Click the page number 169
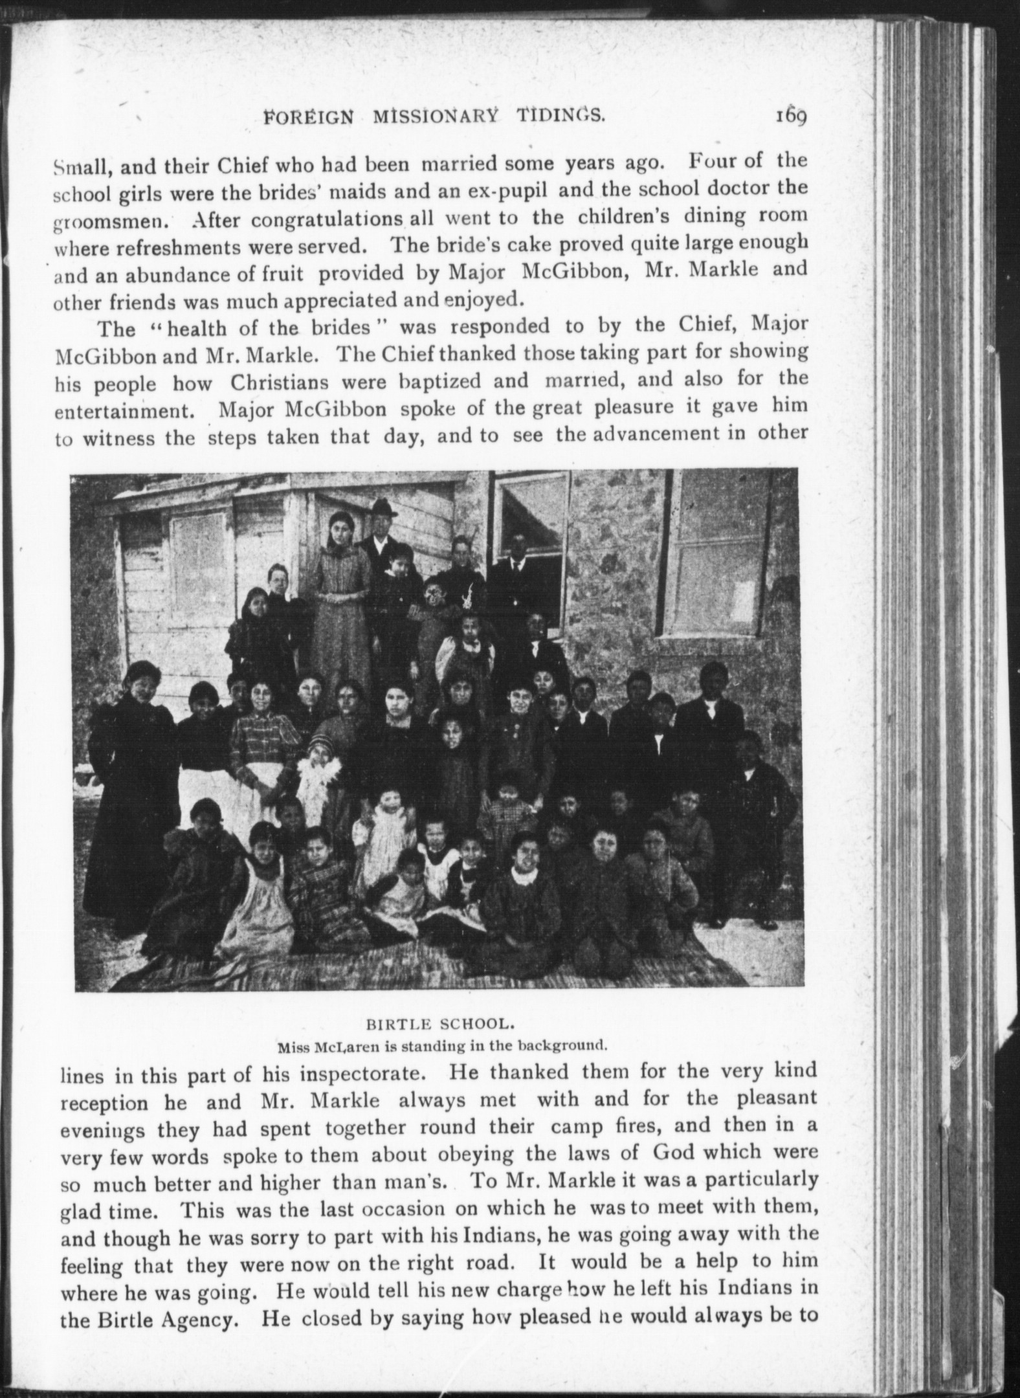[787, 117]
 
